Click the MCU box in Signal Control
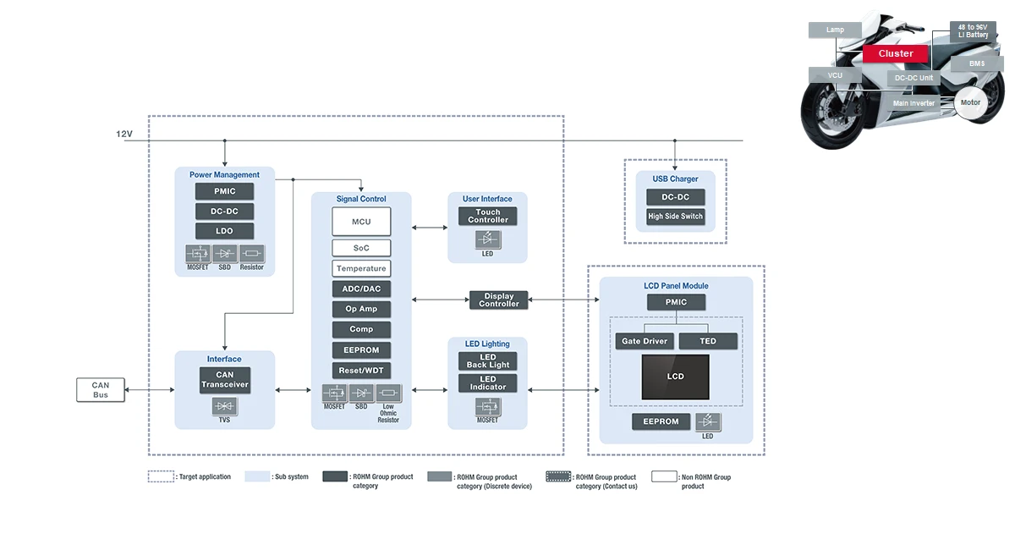pos(361,222)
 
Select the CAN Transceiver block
pos(224,380)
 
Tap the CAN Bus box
pos(101,390)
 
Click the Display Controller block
pos(498,300)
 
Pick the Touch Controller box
pos(488,216)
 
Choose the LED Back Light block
pos(488,361)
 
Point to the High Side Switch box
pos(675,217)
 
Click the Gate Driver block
pos(645,341)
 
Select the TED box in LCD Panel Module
pos(708,341)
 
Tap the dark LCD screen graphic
pos(675,377)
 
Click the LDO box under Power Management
pos(224,231)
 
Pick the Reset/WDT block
pos(361,371)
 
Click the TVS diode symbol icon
pos(224,407)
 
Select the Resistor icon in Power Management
pos(251,253)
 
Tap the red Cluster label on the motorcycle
pos(895,54)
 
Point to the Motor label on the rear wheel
pos(970,102)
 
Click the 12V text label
pos(124,135)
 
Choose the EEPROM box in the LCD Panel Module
pos(661,421)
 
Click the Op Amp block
pos(361,309)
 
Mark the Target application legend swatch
pos(161,476)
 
